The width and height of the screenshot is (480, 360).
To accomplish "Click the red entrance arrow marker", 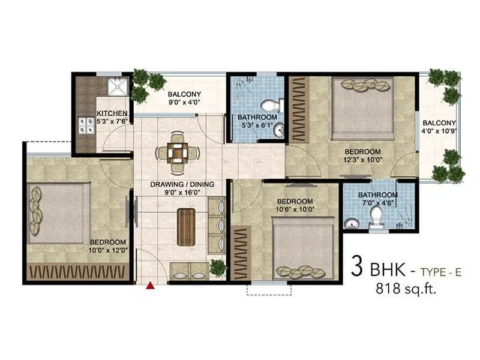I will point(151,286).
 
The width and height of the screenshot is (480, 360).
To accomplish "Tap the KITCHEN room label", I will point(112,113).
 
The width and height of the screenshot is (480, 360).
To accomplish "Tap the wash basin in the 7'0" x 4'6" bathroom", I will point(350,224).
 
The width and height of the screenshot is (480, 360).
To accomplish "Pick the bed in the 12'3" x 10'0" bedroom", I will point(362,108).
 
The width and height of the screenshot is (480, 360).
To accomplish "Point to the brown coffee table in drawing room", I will point(186,227).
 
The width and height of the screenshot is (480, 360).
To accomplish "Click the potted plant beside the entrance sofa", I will point(218,268).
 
